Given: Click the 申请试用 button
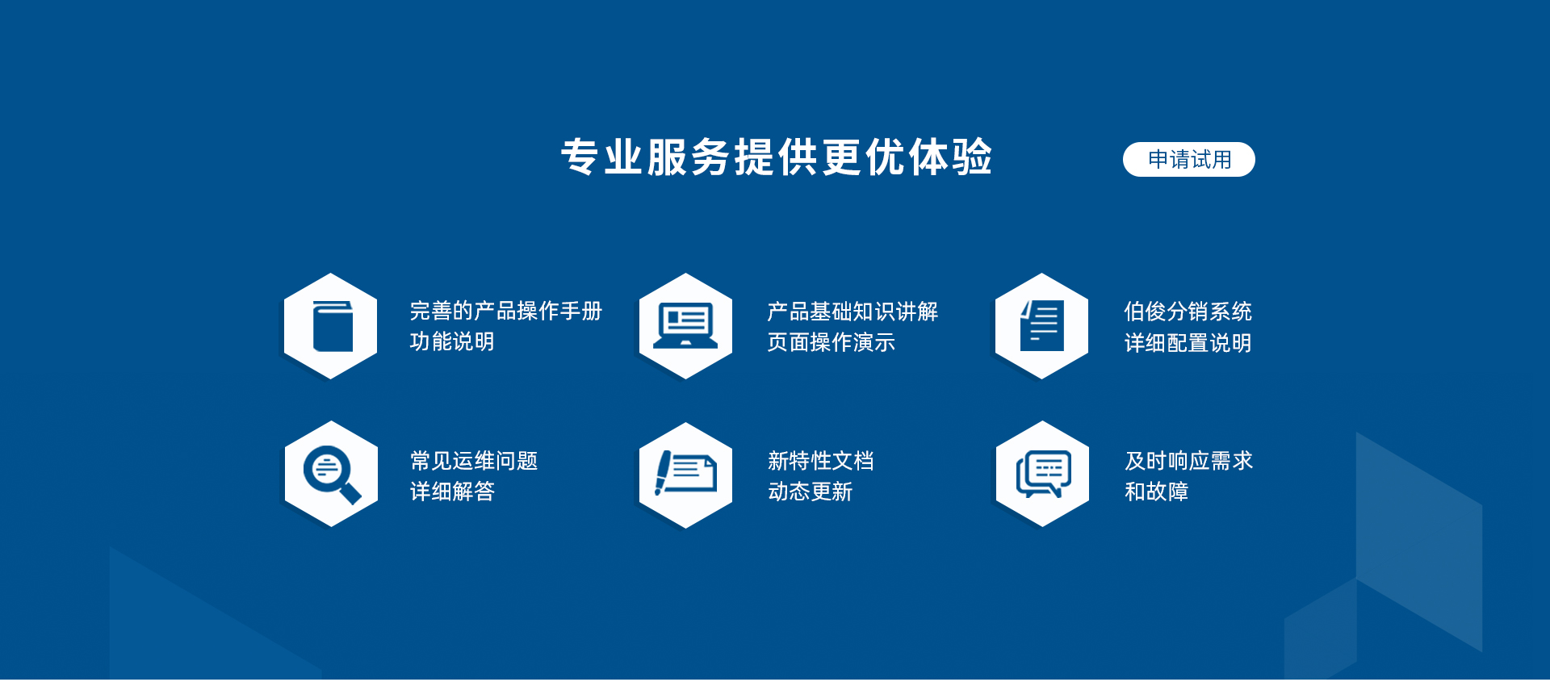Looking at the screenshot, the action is point(1188,159).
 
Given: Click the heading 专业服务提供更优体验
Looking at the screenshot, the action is point(777,157).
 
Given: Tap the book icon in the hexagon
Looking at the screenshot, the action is point(333,326).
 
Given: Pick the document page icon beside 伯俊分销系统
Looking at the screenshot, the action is point(1042,325).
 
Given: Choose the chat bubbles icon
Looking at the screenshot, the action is point(1043,474).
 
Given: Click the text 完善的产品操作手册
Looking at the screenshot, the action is point(506,311).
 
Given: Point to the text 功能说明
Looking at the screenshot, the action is point(452,341).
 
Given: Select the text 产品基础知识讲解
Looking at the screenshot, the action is point(852,312).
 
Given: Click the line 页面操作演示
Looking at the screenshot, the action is point(831,342).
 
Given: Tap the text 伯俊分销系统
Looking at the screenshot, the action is point(1188,312).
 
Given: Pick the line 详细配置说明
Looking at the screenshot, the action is point(1188,343).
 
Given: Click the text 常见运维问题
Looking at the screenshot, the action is point(474,461).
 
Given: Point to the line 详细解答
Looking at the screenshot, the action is point(452,492).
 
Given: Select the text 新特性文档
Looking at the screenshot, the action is point(820,461).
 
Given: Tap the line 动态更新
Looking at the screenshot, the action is point(810,492).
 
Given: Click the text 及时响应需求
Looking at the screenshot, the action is point(1188,461).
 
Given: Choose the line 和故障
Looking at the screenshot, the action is point(1156,492).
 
